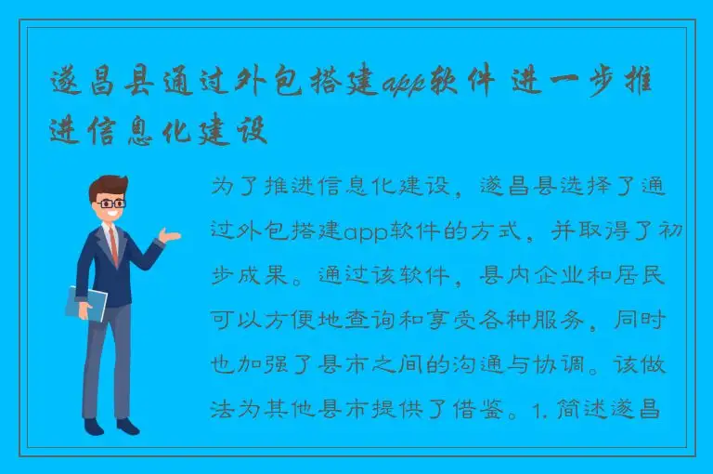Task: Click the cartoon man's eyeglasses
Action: coord(111,203)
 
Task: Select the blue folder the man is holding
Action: coord(86,303)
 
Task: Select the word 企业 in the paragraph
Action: coord(569,276)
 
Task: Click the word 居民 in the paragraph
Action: coord(660,276)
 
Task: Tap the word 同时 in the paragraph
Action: coord(660,321)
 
